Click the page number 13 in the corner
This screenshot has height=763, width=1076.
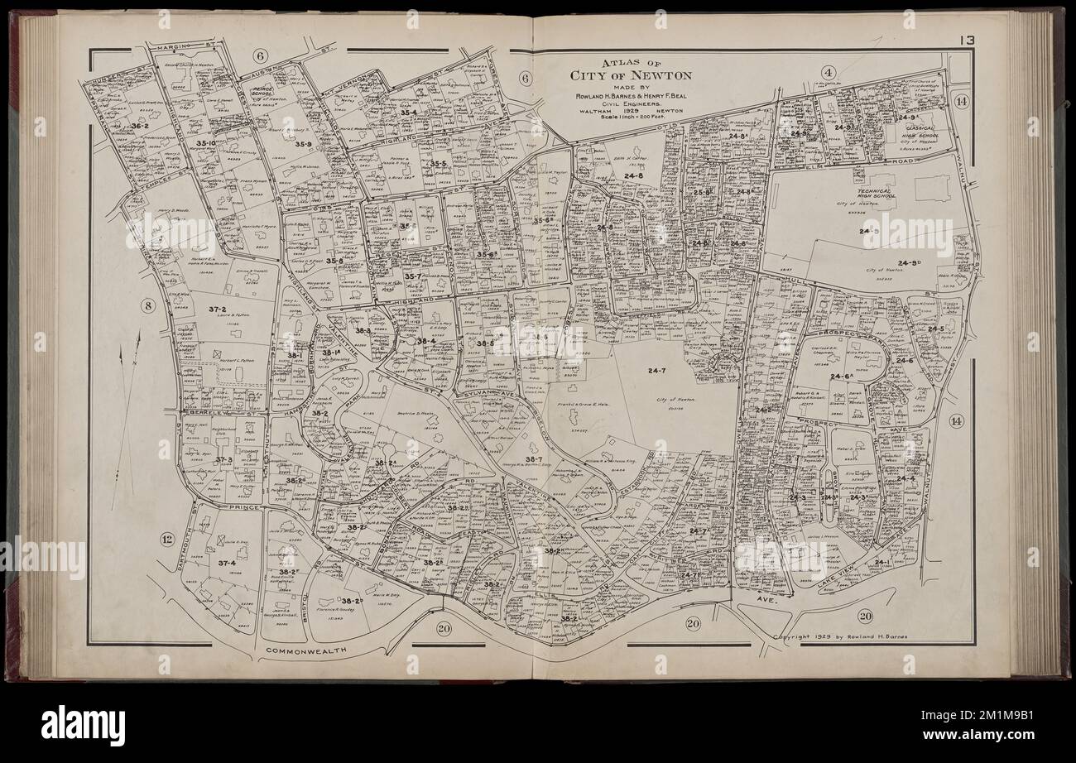[966, 40]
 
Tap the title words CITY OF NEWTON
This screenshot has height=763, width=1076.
[631, 75]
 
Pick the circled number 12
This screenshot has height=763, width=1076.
[168, 540]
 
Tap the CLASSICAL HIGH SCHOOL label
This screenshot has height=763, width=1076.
[920, 133]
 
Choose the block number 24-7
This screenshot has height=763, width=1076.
[658, 372]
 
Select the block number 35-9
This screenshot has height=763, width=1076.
[302, 144]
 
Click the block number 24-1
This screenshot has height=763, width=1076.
[883, 563]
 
